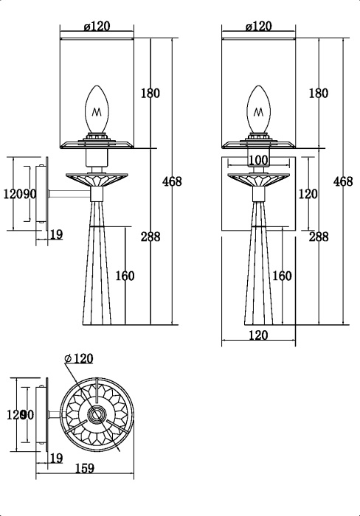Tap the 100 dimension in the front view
click(x=258, y=160)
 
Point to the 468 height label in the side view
click(x=171, y=181)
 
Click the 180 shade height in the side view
click(x=150, y=94)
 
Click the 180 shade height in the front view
click(x=318, y=94)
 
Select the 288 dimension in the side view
click(x=150, y=237)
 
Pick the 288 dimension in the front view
click(x=318, y=237)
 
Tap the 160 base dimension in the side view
click(x=125, y=276)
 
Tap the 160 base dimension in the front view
click(x=282, y=276)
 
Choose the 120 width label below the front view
click(x=258, y=335)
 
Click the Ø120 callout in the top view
click(x=79, y=359)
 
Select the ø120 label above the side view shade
click(x=97, y=27)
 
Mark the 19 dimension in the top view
click(x=56, y=459)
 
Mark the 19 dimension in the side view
click(x=56, y=235)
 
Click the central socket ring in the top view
click(x=95, y=415)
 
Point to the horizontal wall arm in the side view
click(x=67, y=195)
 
